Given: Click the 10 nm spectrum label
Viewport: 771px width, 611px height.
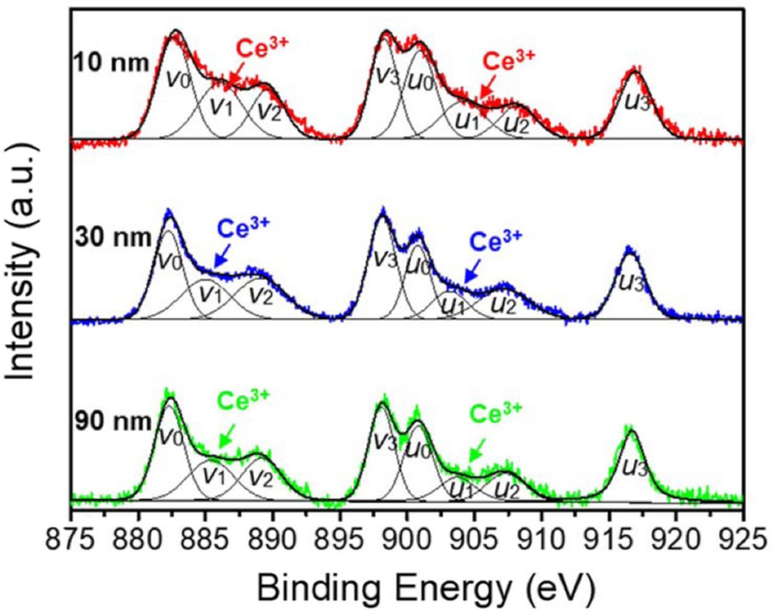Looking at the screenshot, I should coord(110,62).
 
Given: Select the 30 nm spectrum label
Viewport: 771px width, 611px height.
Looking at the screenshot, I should coord(113,238).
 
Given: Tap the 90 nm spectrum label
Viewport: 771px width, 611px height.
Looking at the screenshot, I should coord(113,421).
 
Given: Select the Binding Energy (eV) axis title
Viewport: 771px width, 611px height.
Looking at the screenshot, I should coord(426,583).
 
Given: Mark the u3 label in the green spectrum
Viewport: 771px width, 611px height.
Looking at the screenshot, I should coord(635,467).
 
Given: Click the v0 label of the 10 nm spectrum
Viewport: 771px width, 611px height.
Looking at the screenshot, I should coord(178,79).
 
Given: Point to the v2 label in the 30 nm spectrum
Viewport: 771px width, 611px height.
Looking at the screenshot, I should coord(261,294).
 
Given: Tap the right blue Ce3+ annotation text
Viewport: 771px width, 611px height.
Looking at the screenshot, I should coord(495,242).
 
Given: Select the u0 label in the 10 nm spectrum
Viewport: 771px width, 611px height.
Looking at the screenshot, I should coord(419,78).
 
